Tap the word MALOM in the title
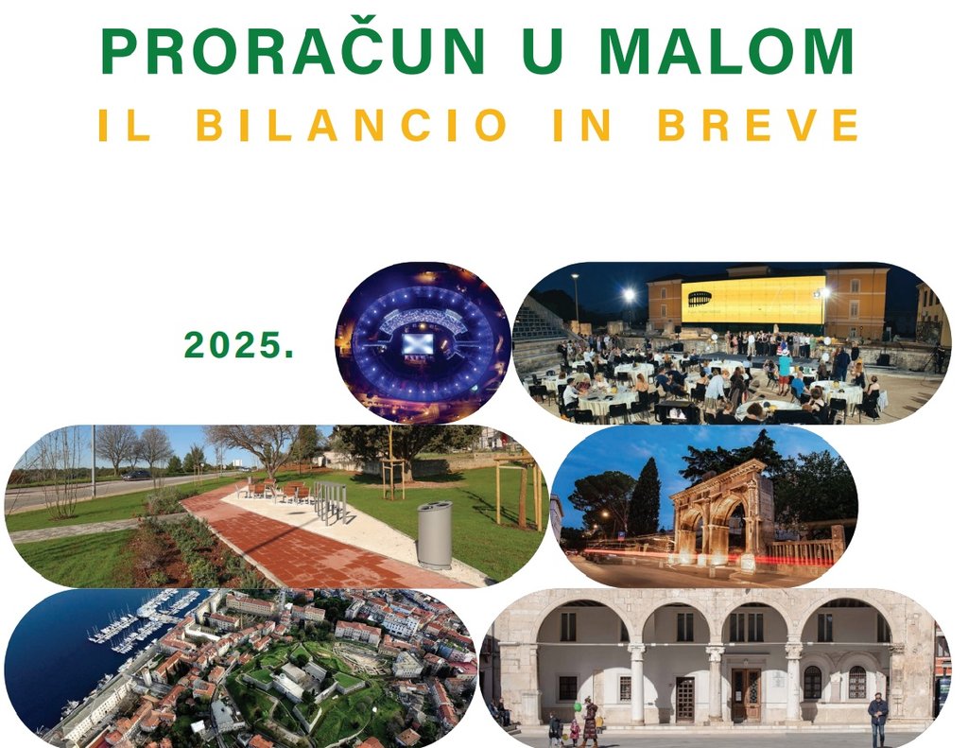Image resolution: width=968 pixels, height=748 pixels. [x=726, y=51]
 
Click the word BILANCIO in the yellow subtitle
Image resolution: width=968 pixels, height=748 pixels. [x=352, y=125]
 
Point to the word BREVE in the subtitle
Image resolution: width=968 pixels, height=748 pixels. [x=758, y=125]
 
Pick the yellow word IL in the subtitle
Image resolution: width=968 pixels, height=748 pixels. [x=125, y=125]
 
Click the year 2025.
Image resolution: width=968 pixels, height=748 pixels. [x=239, y=344]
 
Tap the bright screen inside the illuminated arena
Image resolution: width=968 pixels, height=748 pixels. [x=418, y=343]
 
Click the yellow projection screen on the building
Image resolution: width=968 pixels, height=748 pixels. [x=753, y=300]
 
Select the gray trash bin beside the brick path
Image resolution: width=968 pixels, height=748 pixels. [x=435, y=535]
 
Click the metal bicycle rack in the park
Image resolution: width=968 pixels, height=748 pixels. [x=331, y=500]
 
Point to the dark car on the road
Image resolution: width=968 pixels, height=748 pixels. [x=136, y=475]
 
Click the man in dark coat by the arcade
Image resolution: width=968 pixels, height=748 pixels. [x=878, y=720]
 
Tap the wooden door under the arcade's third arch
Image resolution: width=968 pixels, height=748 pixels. [x=747, y=695]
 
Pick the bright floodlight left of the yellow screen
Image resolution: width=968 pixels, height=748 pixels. [x=629, y=295]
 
